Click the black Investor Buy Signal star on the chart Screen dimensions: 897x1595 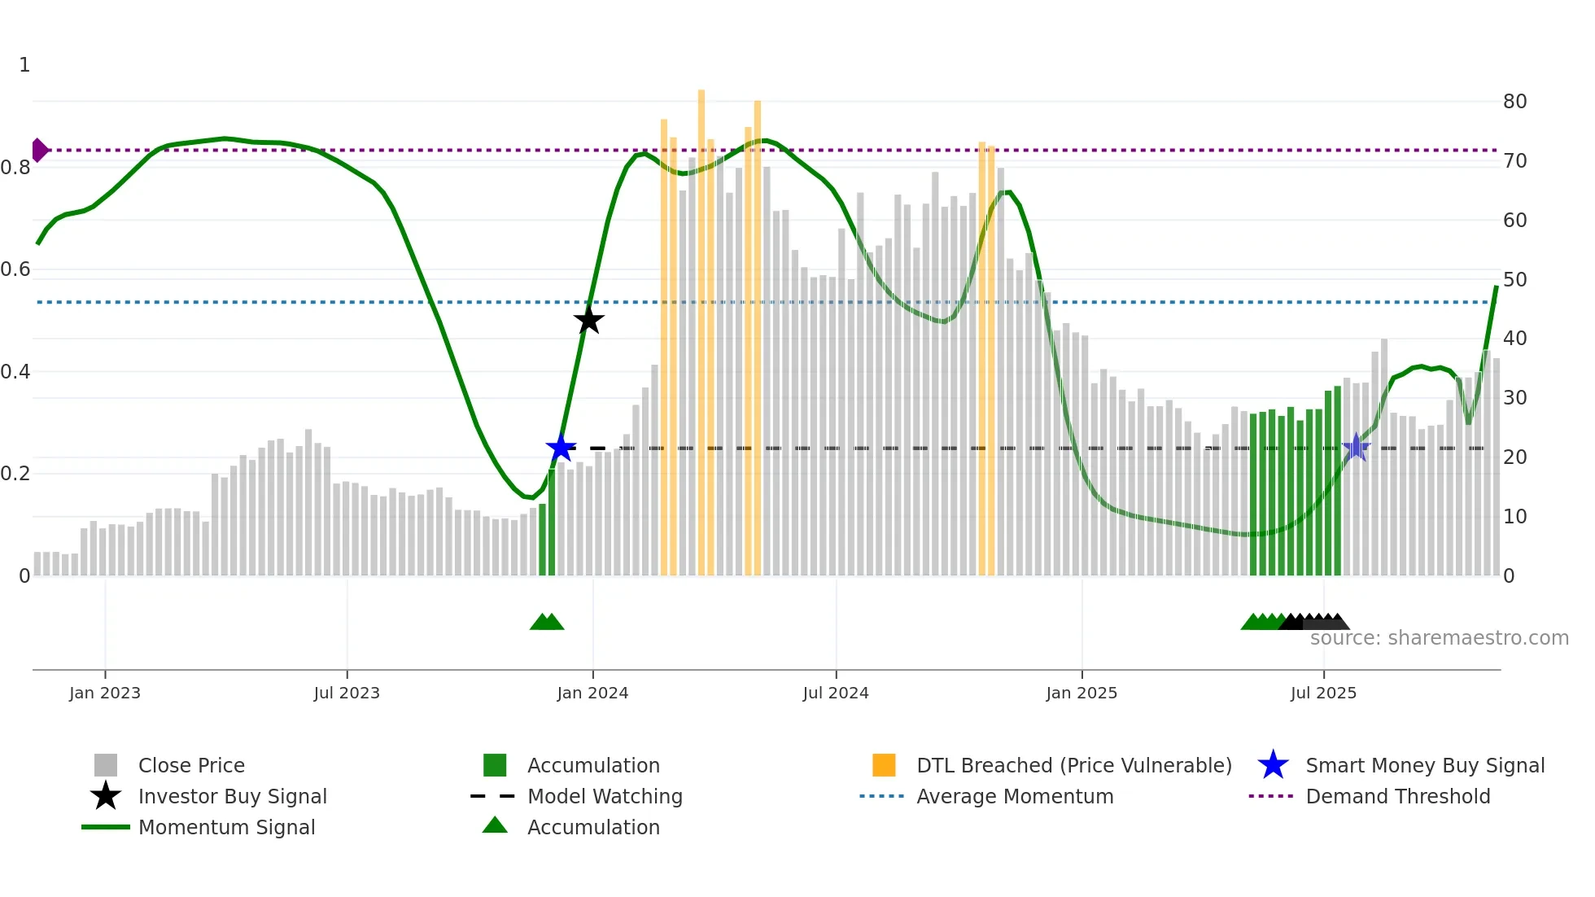588,320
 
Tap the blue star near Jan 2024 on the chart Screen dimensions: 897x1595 561,448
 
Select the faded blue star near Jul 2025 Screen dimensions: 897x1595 1356,447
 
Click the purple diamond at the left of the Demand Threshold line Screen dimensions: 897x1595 39,150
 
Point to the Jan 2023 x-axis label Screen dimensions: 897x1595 104,693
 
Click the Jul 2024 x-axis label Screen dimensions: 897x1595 835,693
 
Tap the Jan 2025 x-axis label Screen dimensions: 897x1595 1081,693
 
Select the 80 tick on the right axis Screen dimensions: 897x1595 1514,102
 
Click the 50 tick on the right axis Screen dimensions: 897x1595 1514,279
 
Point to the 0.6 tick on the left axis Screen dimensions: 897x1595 15,269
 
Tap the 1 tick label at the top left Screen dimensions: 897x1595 24,65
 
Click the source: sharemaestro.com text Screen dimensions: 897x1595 1439,638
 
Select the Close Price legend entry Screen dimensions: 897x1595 191,765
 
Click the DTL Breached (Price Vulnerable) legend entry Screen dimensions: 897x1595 1073,765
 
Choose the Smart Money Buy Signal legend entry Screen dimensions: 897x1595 1424,765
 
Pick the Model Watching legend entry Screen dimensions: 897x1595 604,796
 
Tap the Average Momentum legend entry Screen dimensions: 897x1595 1014,796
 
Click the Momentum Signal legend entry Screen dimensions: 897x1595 226,827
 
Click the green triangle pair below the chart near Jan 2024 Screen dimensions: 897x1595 547,622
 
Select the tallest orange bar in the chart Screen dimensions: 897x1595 701,326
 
